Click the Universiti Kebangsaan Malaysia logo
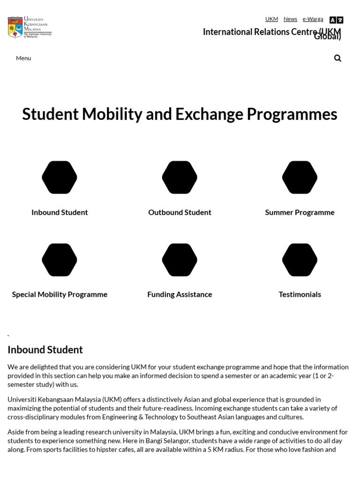pyautogui.click(x=30, y=27)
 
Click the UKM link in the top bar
pyautogui.click(x=271, y=19)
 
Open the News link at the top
pyautogui.click(x=290, y=19)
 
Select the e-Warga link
pyautogui.click(x=313, y=19)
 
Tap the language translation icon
pyautogui.click(x=336, y=20)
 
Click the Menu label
pyautogui.click(x=23, y=58)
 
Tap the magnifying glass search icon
pyautogui.click(x=337, y=58)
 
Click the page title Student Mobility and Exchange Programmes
pyautogui.click(x=180, y=114)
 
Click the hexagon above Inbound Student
pyautogui.click(x=60, y=177)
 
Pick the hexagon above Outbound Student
pyautogui.click(x=180, y=177)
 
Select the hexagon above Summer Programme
pyautogui.click(x=300, y=177)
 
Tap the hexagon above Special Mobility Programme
pyautogui.click(x=60, y=260)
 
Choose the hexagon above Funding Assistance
pyautogui.click(x=180, y=260)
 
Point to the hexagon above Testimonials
pyautogui.click(x=300, y=260)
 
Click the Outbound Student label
pyautogui.click(x=180, y=212)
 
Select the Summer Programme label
pyautogui.click(x=300, y=212)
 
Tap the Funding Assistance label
pyautogui.click(x=180, y=294)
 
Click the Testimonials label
pyautogui.click(x=300, y=294)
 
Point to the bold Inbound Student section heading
pyautogui.click(x=45, y=350)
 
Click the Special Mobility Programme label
pyautogui.click(x=60, y=294)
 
